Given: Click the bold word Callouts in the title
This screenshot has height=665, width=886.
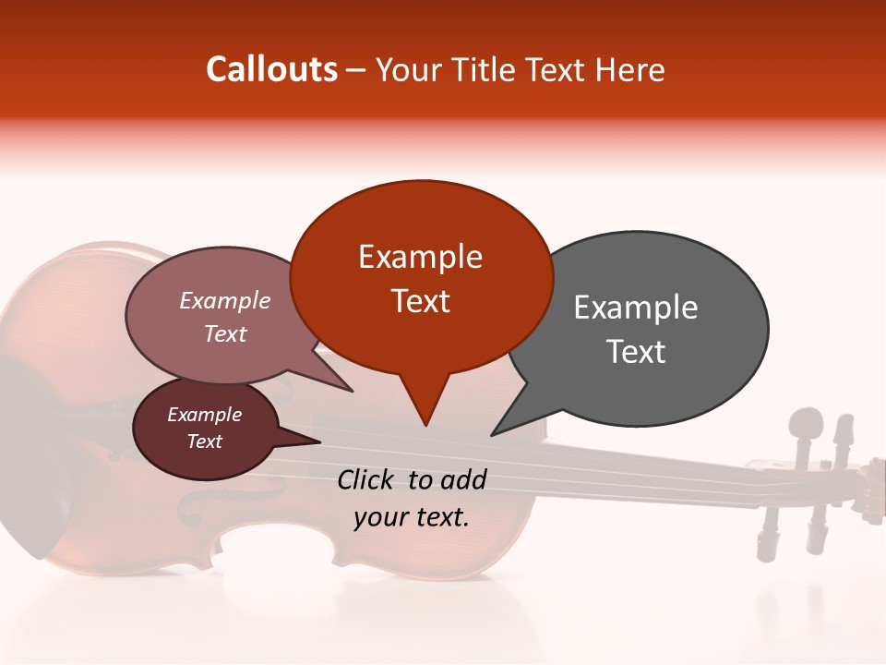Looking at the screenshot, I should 271,69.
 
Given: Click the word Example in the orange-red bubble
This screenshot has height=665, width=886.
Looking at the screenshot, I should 420,257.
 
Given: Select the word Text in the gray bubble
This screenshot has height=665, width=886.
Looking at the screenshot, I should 635,352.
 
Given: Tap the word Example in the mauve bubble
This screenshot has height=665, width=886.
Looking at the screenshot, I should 224,300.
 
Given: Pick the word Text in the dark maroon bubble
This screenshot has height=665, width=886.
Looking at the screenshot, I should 204,441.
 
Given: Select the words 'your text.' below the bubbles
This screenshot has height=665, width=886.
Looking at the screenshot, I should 411,517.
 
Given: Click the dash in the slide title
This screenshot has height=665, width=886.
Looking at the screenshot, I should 357,70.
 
